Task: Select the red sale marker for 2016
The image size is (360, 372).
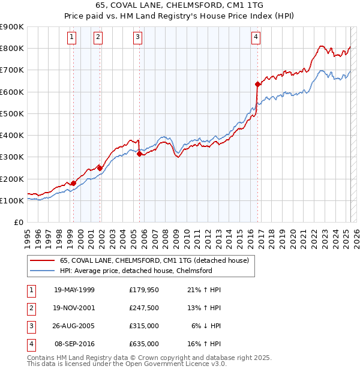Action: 257,84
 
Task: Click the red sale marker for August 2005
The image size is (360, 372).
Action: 140,154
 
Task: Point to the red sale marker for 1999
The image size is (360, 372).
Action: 73,183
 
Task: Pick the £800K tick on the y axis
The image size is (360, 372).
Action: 12,49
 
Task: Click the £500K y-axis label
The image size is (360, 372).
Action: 12,113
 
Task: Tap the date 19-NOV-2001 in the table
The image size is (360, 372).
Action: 74,308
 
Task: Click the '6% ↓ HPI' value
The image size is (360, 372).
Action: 206,326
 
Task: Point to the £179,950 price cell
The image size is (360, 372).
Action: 144,290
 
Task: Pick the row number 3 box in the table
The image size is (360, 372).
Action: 29,326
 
